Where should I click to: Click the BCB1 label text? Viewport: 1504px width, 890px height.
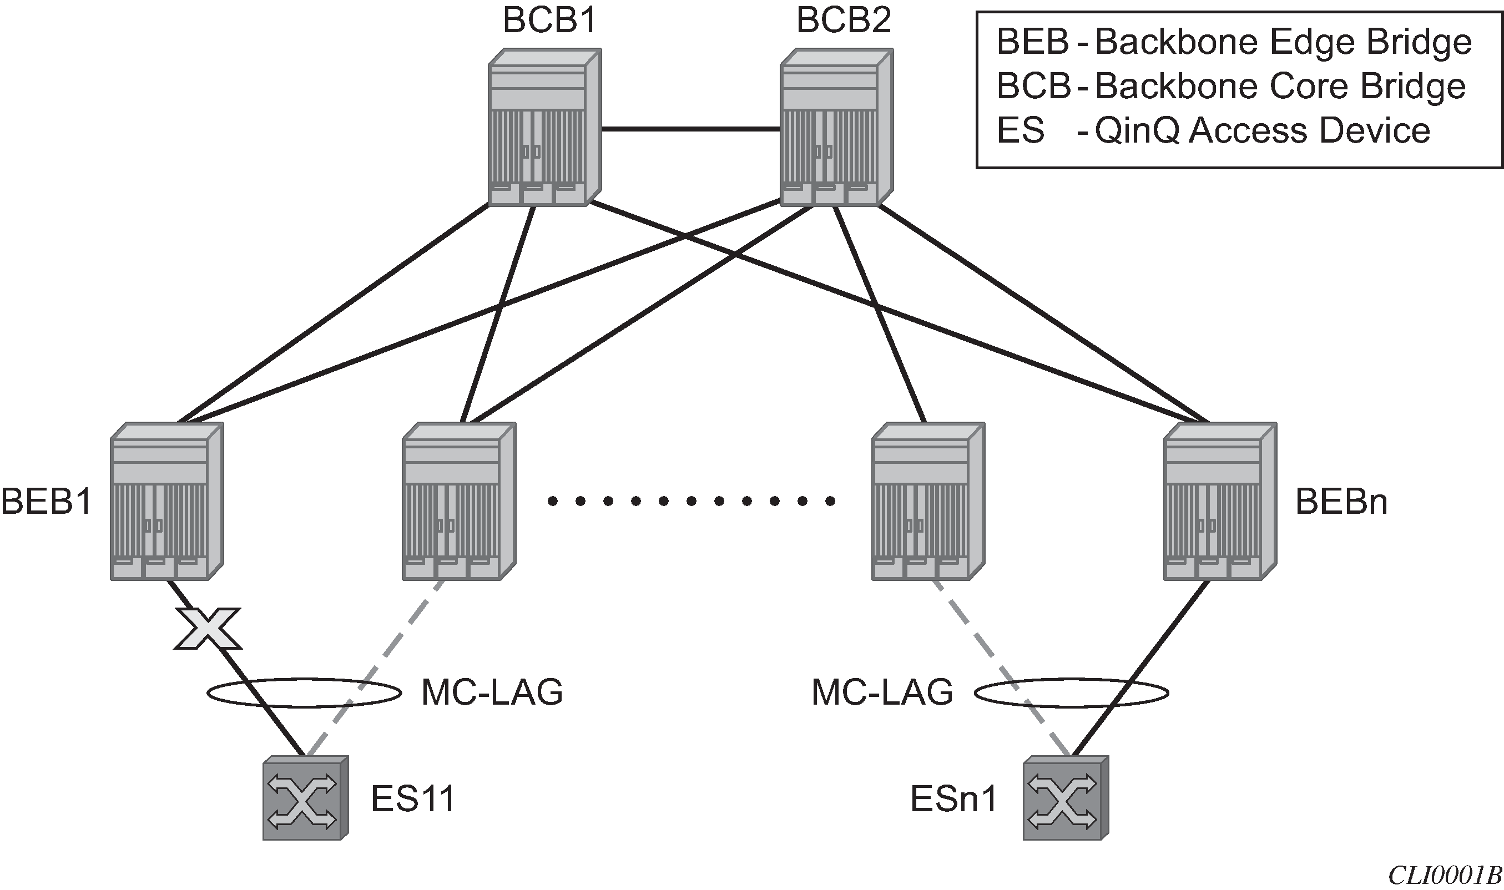pos(550,21)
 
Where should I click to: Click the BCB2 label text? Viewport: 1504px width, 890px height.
pos(843,21)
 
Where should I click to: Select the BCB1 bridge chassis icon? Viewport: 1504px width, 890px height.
pos(544,128)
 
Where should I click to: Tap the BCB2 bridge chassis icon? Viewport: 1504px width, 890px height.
pos(836,128)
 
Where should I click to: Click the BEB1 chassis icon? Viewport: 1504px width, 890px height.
pos(166,502)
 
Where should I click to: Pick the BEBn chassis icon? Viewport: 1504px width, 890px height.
pos(1220,502)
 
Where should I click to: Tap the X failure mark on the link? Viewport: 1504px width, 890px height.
pos(208,629)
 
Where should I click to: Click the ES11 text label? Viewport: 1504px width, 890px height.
pos(413,799)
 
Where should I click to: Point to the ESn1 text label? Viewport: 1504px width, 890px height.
pos(953,799)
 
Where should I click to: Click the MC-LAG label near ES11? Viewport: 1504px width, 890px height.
pos(492,692)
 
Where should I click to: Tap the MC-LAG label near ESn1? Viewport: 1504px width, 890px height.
pos(882,692)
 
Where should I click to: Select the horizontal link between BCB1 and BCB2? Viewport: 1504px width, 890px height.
pos(690,128)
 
